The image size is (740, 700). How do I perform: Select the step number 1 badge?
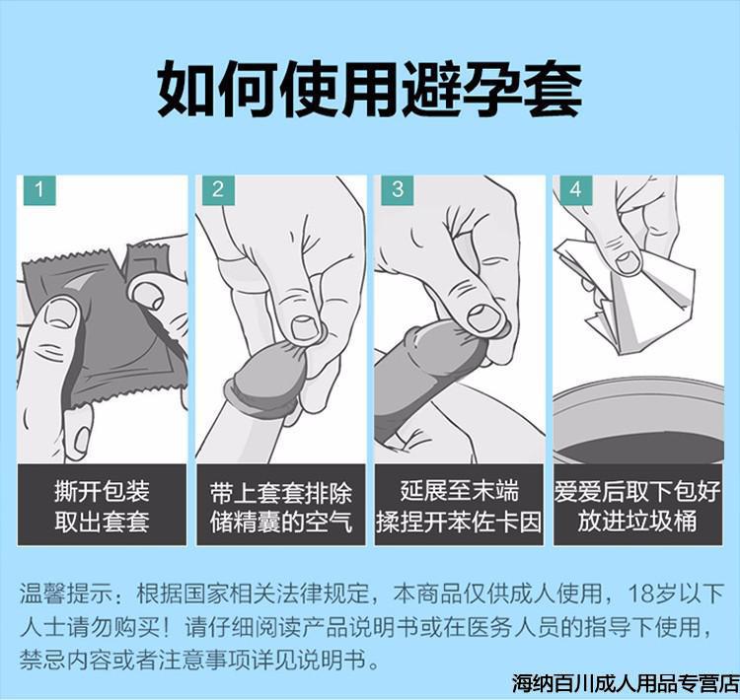pos(37,189)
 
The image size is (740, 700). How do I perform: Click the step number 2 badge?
pos(217,189)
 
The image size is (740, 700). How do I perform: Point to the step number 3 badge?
pos(397,189)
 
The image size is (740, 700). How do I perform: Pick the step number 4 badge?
pos(575,189)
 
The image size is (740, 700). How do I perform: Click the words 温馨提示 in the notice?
pos(59,595)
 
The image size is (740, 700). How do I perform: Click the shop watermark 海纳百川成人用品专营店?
pos(625,682)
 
